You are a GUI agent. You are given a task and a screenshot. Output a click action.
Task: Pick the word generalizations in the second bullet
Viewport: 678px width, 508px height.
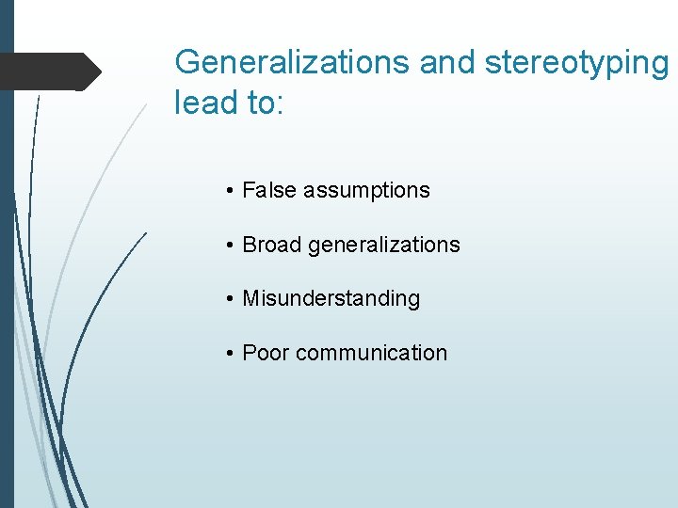(x=384, y=246)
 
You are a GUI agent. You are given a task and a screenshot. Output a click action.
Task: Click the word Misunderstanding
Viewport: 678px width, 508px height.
(x=331, y=299)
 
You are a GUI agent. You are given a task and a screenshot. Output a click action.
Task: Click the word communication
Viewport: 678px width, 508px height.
(x=371, y=354)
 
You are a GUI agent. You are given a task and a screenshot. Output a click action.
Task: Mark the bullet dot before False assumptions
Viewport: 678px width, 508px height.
(x=230, y=191)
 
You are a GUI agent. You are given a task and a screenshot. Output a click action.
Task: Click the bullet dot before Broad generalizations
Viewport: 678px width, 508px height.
(x=230, y=246)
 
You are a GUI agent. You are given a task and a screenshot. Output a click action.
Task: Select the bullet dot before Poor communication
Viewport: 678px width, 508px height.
(x=230, y=354)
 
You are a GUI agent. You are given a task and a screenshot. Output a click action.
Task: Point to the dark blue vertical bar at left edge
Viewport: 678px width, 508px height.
(x=7, y=282)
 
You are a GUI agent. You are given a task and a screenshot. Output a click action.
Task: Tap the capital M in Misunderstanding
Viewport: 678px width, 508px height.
(x=250, y=299)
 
